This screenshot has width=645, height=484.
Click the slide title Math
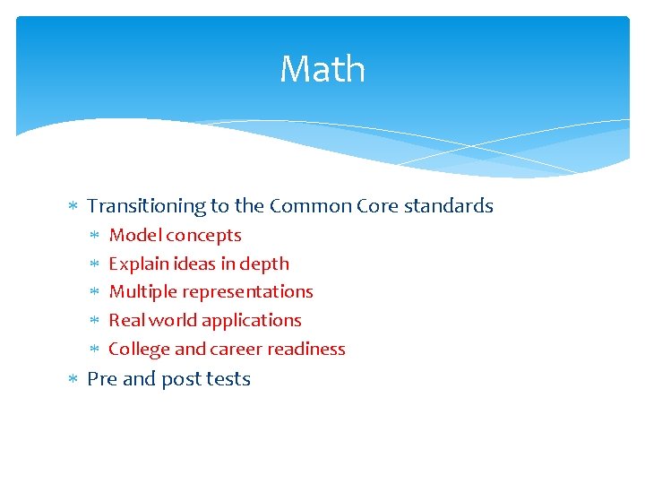pyautogui.click(x=322, y=69)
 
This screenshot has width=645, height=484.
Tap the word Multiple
pyautogui.click(x=140, y=291)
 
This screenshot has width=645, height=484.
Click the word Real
pyautogui.click(x=126, y=320)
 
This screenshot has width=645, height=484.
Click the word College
pyautogui.click(x=138, y=349)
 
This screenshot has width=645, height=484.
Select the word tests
pyautogui.click(x=228, y=378)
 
